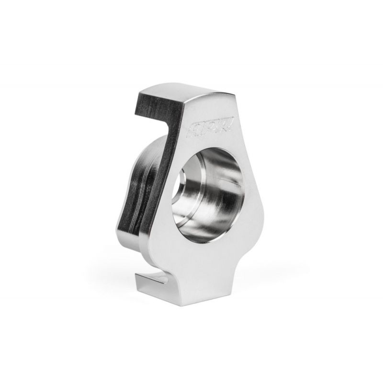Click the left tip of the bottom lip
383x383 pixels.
pos(136,278)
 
